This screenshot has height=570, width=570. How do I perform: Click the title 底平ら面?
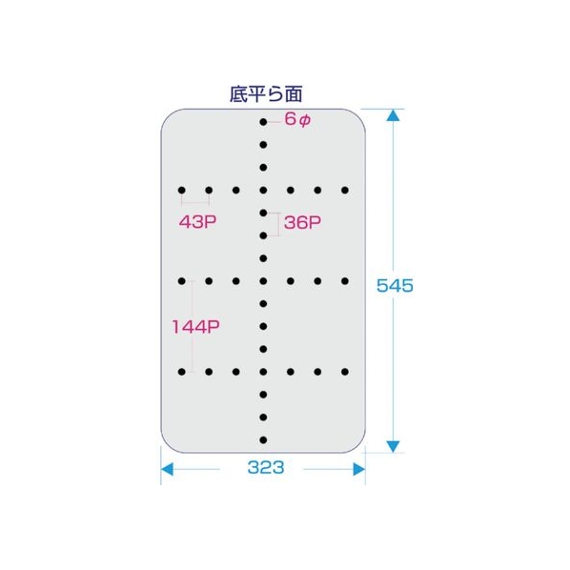(x=266, y=94)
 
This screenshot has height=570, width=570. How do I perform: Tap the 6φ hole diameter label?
(x=297, y=119)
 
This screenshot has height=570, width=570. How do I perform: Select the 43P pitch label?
(x=197, y=221)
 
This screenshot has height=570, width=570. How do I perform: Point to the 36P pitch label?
(x=302, y=222)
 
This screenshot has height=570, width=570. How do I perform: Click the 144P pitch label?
(x=195, y=327)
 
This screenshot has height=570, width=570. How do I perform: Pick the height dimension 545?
(x=395, y=285)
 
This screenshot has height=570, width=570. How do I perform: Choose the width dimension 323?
(x=266, y=467)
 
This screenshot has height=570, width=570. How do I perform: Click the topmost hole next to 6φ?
(x=263, y=122)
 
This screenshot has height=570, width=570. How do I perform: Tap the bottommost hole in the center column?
(x=263, y=440)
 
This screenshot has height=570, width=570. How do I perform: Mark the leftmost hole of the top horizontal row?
(x=182, y=190)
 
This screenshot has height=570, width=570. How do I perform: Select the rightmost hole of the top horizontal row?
(x=345, y=190)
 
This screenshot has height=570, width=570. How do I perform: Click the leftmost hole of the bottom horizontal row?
(x=182, y=372)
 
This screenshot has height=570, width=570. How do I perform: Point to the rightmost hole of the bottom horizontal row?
(x=345, y=372)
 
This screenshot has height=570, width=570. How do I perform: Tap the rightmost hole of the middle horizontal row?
(x=345, y=281)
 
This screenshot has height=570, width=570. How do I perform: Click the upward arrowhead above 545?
(x=394, y=115)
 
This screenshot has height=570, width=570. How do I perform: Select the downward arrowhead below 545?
(x=394, y=446)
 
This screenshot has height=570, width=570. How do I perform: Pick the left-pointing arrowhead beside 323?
(x=167, y=469)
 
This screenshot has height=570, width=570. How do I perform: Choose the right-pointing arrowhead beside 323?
(x=359, y=469)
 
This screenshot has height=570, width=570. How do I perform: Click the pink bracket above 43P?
(x=195, y=202)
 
